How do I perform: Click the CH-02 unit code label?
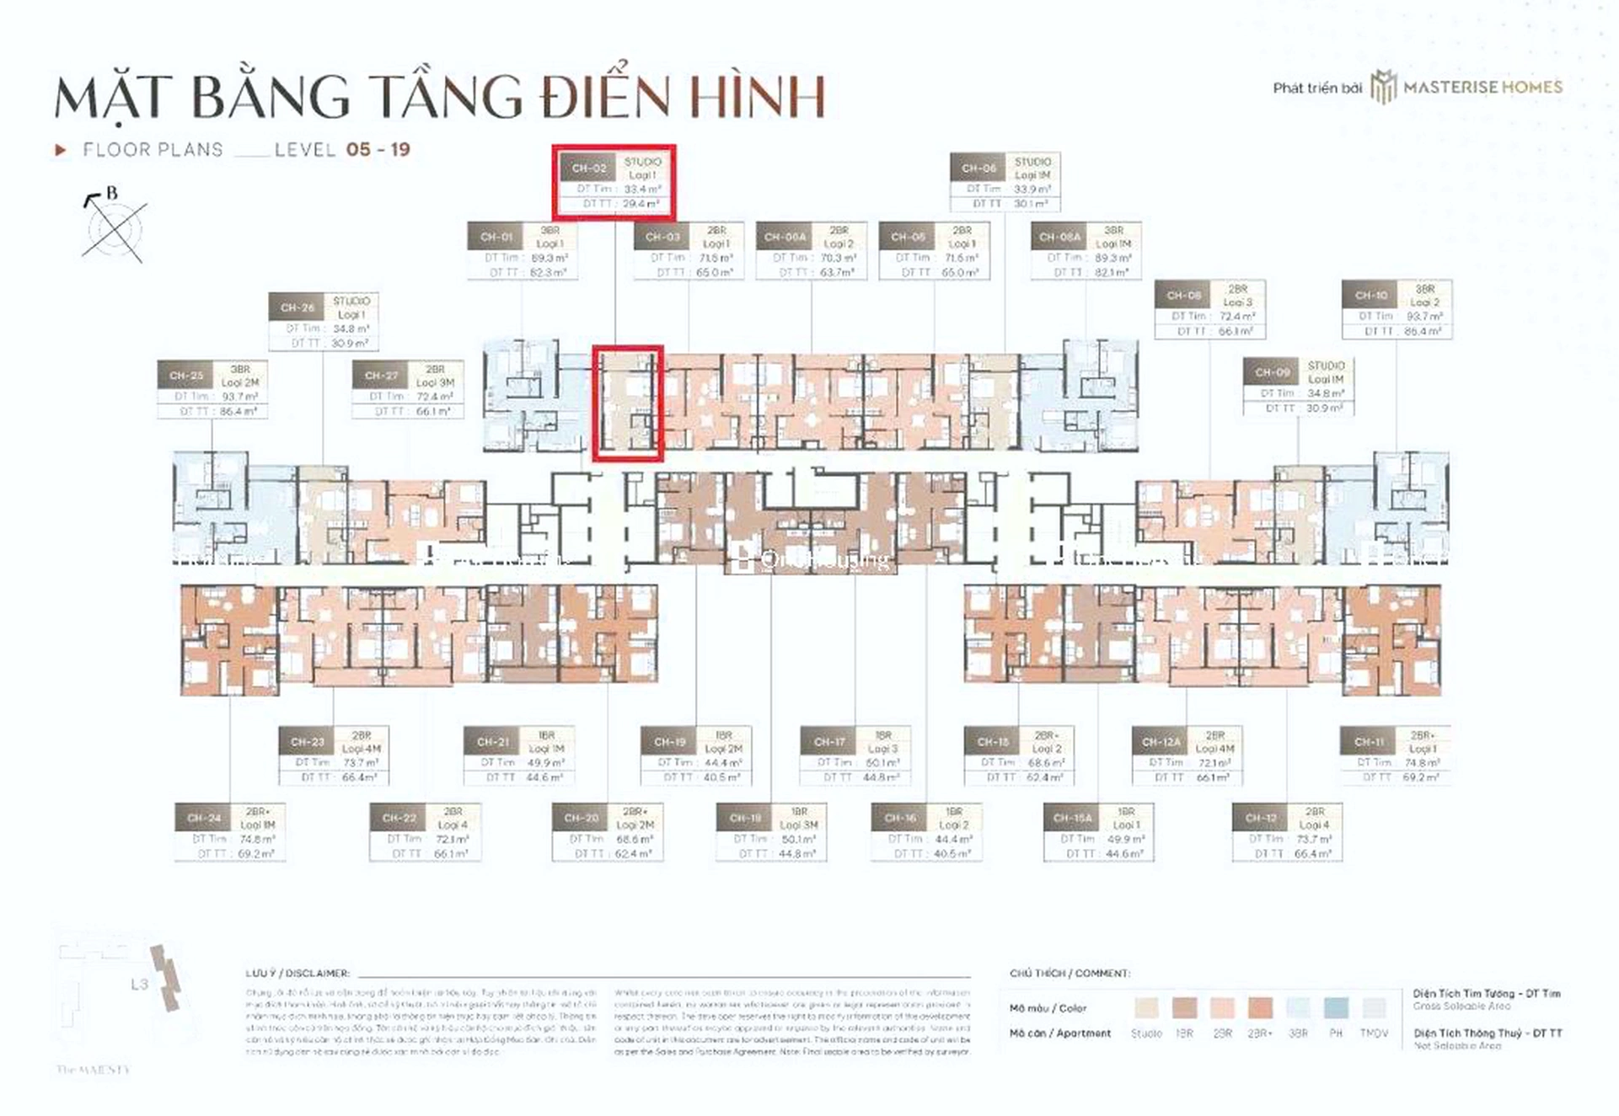[x=589, y=168]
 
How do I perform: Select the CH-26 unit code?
[x=297, y=307]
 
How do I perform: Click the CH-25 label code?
[x=185, y=376]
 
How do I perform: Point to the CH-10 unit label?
[x=1370, y=296]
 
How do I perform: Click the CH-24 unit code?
[x=203, y=818]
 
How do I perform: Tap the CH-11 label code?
[x=1369, y=742]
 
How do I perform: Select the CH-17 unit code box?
[x=828, y=742]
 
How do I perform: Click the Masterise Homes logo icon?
[x=1383, y=87]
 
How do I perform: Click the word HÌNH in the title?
[x=755, y=97]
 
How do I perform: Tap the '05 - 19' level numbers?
[x=378, y=150]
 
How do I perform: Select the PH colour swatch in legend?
[x=1336, y=1008]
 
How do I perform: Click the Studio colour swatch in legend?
[x=1146, y=1008]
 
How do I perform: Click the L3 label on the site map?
[x=139, y=984]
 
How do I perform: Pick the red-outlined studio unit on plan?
[x=627, y=403]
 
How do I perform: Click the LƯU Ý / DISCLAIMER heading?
[x=298, y=973]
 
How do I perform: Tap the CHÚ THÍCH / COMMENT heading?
[x=1070, y=973]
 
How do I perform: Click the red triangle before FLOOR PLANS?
[x=60, y=150]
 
